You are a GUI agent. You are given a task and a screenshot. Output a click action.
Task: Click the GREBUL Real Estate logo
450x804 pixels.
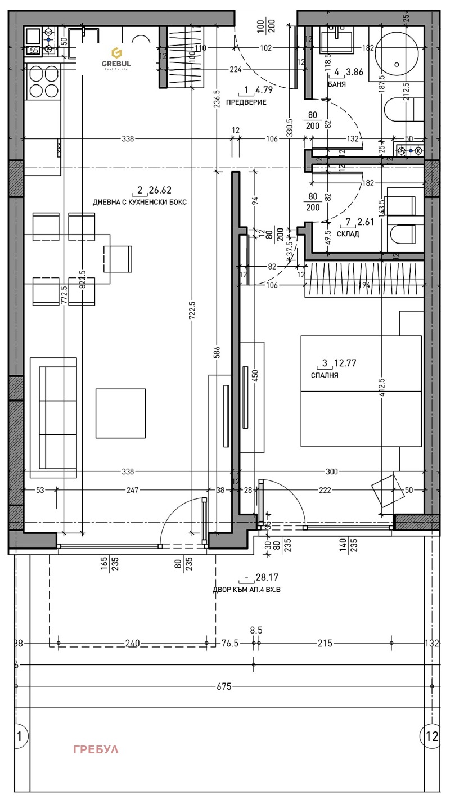[x=116, y=57]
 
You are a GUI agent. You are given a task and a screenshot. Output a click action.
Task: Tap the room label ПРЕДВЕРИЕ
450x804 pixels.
[x=246, y=102]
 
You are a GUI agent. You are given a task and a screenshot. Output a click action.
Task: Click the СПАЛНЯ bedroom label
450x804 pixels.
[x=325, y=375]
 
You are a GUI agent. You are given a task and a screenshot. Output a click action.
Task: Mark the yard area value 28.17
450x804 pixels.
[x=267, y=577]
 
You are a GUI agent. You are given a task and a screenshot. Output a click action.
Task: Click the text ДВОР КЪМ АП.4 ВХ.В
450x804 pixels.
[x=246, y=590]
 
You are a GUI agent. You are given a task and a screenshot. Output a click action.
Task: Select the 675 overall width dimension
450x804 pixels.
[x=224, y=686]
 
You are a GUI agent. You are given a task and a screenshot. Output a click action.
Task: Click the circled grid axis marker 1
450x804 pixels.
[x=20, y=735]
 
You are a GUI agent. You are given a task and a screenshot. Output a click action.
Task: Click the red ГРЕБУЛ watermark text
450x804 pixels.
[x=96, y=749]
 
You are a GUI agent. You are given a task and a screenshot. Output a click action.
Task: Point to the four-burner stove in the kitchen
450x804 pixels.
[x=43, y=82]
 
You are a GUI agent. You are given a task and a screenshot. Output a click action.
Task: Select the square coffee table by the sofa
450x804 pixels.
[x=120, y=414]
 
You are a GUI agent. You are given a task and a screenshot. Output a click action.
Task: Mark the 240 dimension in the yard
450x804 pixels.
[x=133, y=643]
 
